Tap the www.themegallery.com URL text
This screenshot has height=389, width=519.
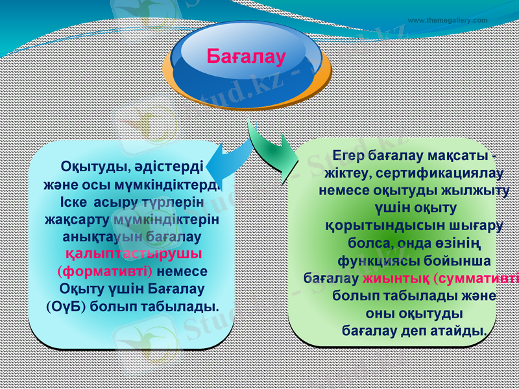coord(448,20)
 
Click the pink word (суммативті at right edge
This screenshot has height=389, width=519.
coord(476,279)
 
